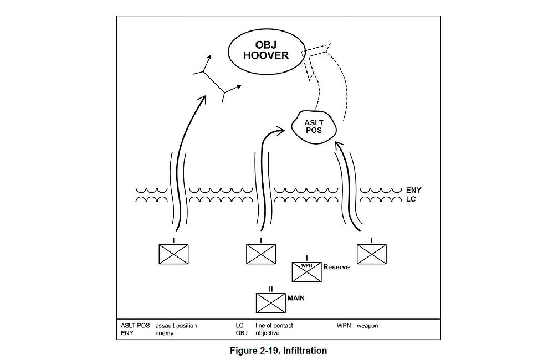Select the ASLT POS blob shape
click(313, 126)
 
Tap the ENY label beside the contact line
click(414, 190)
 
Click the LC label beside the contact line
click(411, 199)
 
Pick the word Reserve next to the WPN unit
click(336, 267)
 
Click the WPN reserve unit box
click(306, 271)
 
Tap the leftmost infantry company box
click(173, 254)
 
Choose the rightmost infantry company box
click(371, 254)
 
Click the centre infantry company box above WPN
click(261, 254)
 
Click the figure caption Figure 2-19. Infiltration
click(278, 351)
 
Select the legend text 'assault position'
click(176, 326)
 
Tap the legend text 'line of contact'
click(274, 326)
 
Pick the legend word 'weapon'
click(367, 326)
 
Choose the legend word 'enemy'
click(165, 333)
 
